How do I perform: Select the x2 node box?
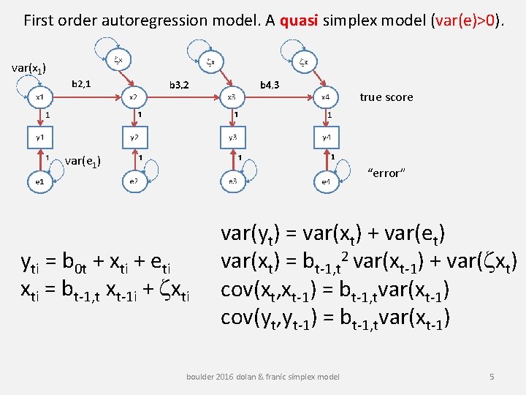pyautogui.click(x=134, y=97)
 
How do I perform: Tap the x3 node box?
pyautogui.click(x=232, y=97)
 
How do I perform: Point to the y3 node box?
pyautogui.click(x=232, y=138)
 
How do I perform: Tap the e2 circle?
pyautogui.click(x=134, y=180)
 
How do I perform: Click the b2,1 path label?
pyautogui.click(x=80, y=84)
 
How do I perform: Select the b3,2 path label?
pyautogui.click(x=178, y=85)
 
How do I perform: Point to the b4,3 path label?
pyautogui.click(x=270, y=85)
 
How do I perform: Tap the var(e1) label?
pyautogui.click(x=83, y=161)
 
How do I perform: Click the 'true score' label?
pyautogui.click(x=386, y=97)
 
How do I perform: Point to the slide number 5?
pyautogui.click(x=492, y=376)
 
